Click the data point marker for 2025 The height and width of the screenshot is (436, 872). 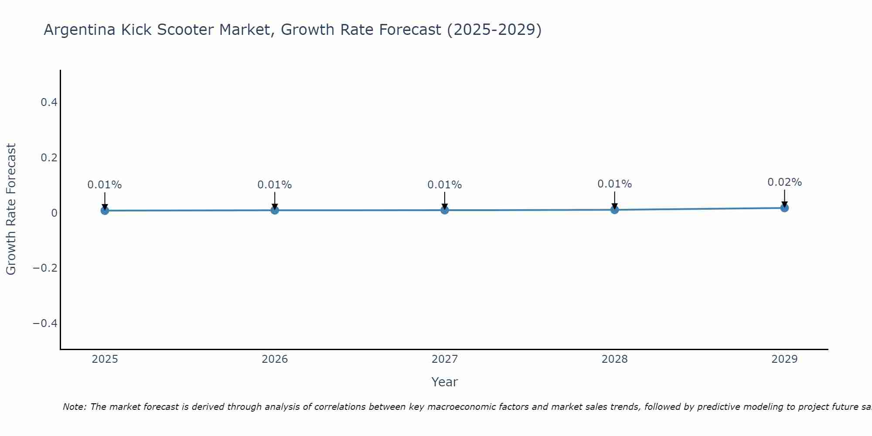(105, 211)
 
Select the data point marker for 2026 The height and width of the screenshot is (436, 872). (275, 210)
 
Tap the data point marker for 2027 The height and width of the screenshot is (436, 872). (445, 210)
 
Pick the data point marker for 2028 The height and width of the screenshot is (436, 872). (614, 210)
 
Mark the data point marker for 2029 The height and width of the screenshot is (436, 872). (784, 208)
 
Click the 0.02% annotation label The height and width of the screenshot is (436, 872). (784, 182)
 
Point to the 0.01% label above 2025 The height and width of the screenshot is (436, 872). (105, 185)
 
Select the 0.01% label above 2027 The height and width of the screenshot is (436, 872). (445, 185)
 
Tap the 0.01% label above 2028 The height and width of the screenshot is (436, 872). (614, 184)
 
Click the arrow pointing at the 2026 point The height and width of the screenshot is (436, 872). (275, 201)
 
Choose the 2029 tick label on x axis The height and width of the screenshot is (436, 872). (784, 359)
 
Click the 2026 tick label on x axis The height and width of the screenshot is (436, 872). (275, 359)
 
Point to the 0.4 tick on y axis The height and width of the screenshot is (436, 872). (49, 102)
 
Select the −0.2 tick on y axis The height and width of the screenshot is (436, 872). (45, 268)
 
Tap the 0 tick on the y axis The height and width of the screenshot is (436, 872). (54, 213)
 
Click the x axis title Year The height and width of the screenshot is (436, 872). (444, 382)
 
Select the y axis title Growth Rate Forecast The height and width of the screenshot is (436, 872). (11, 209)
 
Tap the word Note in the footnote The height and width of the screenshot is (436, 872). (74, 407)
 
